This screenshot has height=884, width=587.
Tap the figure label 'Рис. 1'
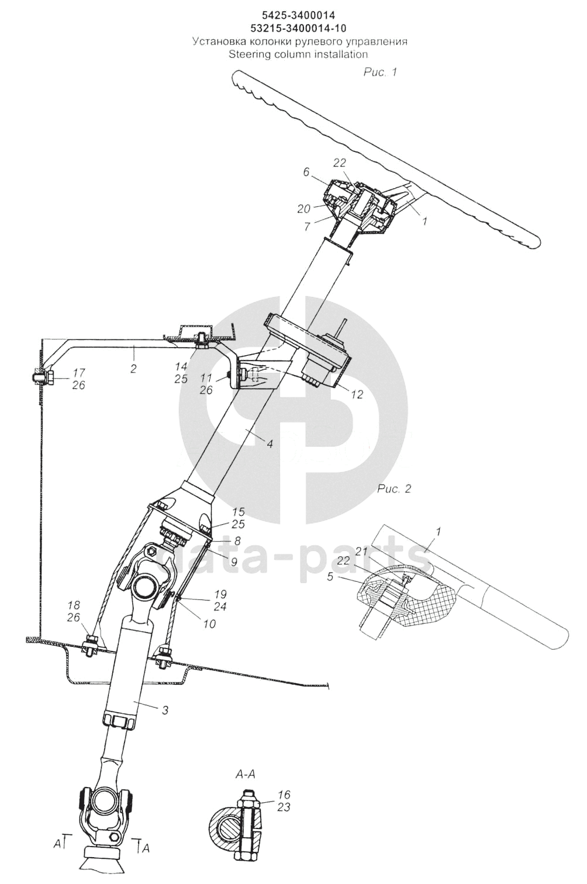380,72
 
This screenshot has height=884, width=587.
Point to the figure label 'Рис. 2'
394,488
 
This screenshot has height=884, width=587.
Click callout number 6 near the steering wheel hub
306,172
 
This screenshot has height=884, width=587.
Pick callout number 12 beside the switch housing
357,395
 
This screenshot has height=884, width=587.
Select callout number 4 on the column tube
270,444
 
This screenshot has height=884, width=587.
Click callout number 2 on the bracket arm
134,368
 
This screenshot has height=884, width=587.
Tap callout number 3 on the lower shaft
165,710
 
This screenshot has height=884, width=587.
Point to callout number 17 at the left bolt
79,372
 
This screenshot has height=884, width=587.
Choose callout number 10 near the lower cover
209,624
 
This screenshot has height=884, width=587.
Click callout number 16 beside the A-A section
284,795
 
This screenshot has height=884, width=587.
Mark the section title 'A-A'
246,775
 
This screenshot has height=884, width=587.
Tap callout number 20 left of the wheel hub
303,209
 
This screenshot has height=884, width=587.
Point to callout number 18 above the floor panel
73,605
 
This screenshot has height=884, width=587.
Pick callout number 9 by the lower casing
234,563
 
